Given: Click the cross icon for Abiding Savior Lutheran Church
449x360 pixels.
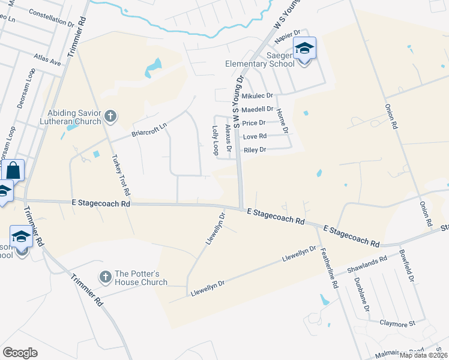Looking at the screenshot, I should [109, 115].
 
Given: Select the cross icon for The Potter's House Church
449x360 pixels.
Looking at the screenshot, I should [106, 277].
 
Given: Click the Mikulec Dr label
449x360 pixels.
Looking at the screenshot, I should [257, 95].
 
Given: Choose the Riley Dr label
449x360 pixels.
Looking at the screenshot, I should [254, 149].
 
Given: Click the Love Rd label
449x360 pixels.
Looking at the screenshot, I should [254, 136].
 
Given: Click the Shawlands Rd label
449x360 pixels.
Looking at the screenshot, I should [371, 264].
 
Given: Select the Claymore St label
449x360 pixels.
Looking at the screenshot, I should [397, 323].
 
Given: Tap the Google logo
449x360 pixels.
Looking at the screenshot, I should [20, 352].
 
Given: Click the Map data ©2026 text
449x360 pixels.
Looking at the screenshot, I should [423, 355].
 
